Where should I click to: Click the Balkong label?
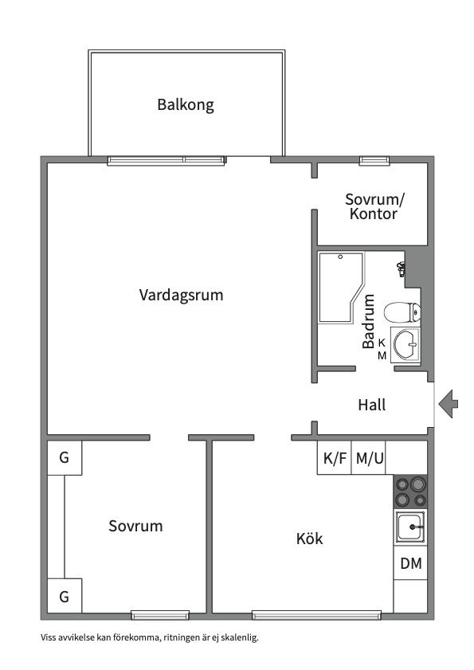186,104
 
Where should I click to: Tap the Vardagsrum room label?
181,295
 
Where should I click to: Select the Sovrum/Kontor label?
374,206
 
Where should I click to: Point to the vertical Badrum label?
368,322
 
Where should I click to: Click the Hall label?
371,405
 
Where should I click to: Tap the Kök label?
309,539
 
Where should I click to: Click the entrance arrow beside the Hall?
449,403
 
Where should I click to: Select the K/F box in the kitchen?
335,458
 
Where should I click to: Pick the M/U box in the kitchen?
370,458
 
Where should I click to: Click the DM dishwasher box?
410,564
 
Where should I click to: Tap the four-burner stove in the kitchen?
410,492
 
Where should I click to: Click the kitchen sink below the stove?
410,527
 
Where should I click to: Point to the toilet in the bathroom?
402,311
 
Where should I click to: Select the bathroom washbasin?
405,346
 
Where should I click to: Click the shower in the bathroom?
339,287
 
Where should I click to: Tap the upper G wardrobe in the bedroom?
64,458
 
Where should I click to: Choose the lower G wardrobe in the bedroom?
64,596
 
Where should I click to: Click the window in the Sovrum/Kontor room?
373,160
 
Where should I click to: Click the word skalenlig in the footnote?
238,637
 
